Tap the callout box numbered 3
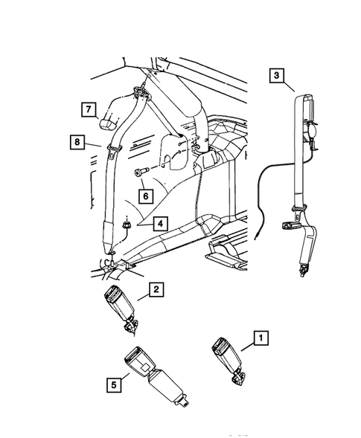(x=276, y=75)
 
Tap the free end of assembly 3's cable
(x=256, y=231)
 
